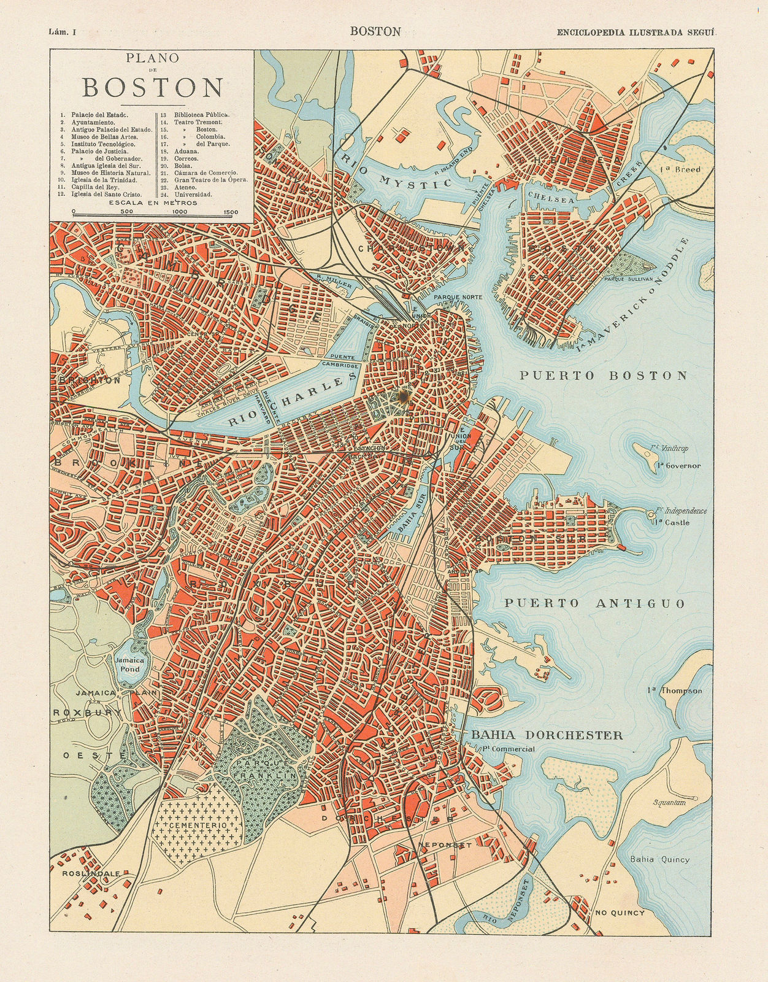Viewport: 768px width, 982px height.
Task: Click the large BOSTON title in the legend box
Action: pos(152,88)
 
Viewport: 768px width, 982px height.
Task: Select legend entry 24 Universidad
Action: pos(193,195)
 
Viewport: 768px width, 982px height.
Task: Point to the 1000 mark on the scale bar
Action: pos(180,212)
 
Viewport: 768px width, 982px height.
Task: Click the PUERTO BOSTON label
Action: pos(604,376)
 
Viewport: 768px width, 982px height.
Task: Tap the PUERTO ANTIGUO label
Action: pos(594,604)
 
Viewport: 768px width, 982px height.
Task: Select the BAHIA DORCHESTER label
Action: pos(547,735)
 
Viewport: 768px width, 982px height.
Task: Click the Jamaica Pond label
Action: pos(129,665)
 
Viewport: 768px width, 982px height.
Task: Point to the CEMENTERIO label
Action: pos(195,827)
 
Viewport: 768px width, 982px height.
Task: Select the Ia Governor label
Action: pos(678,466)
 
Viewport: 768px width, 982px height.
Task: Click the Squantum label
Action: pos(669,802)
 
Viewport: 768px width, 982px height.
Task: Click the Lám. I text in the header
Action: pos(61,32)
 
